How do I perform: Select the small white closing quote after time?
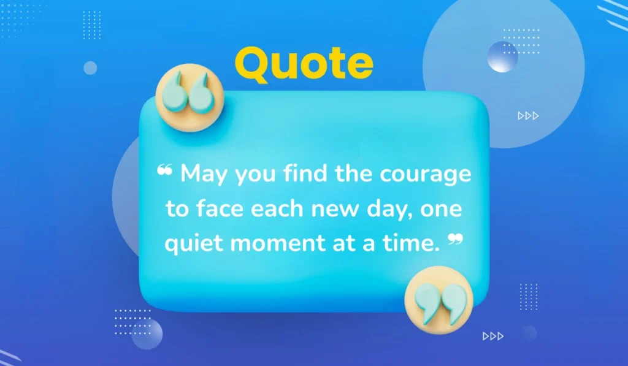point(454,238)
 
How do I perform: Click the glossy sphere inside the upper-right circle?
point(502,57)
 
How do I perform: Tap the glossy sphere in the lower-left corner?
point(147,334)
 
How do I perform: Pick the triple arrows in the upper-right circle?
point(528,115)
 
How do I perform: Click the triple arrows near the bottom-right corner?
point(492,335)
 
